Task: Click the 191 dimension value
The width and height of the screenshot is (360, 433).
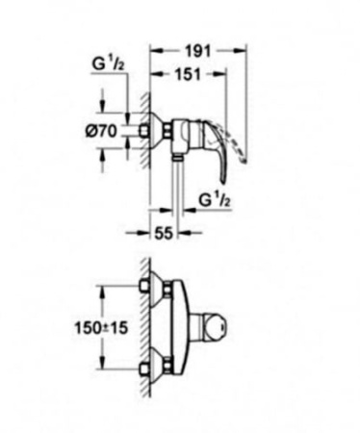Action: [199, 49]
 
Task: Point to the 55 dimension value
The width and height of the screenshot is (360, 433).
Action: [165, 232]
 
